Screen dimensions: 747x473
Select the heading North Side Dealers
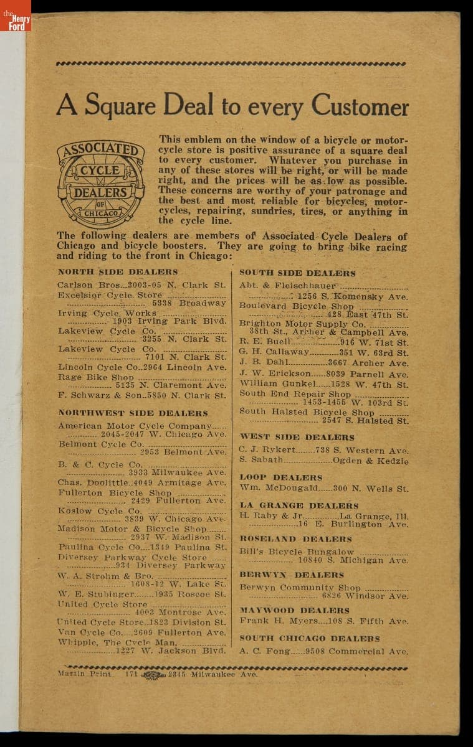(118, 272)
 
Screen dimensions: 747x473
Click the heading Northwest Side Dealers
(133, 413)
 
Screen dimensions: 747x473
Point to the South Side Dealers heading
(297, 273)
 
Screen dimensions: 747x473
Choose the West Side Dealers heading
(297, 437)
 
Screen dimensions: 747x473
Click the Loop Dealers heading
(281, 477)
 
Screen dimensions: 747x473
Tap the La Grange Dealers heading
(299, 505)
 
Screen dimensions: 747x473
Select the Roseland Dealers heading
(296, 539)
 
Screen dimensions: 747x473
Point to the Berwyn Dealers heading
(292, 575)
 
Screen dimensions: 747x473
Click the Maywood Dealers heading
(295, 611)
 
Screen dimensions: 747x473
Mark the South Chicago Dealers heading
(310, 639)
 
